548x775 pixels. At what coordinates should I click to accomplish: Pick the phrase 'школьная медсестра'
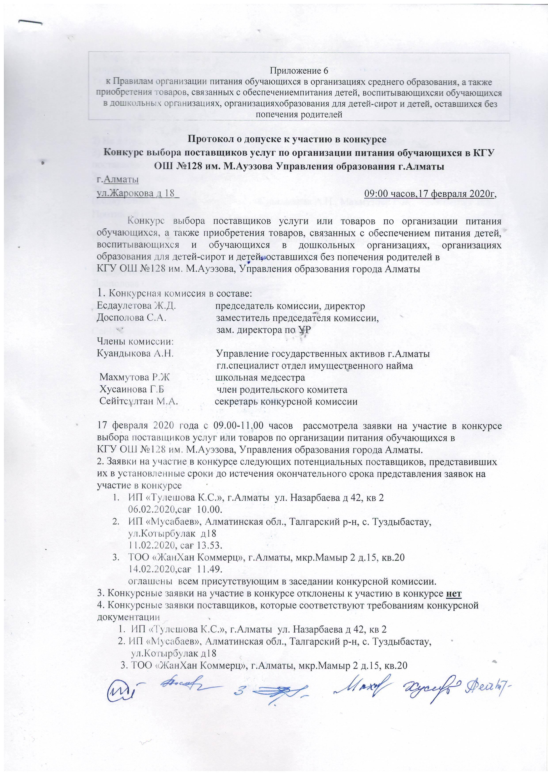[260, 377]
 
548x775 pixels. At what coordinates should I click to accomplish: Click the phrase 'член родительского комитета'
[282, 389]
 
